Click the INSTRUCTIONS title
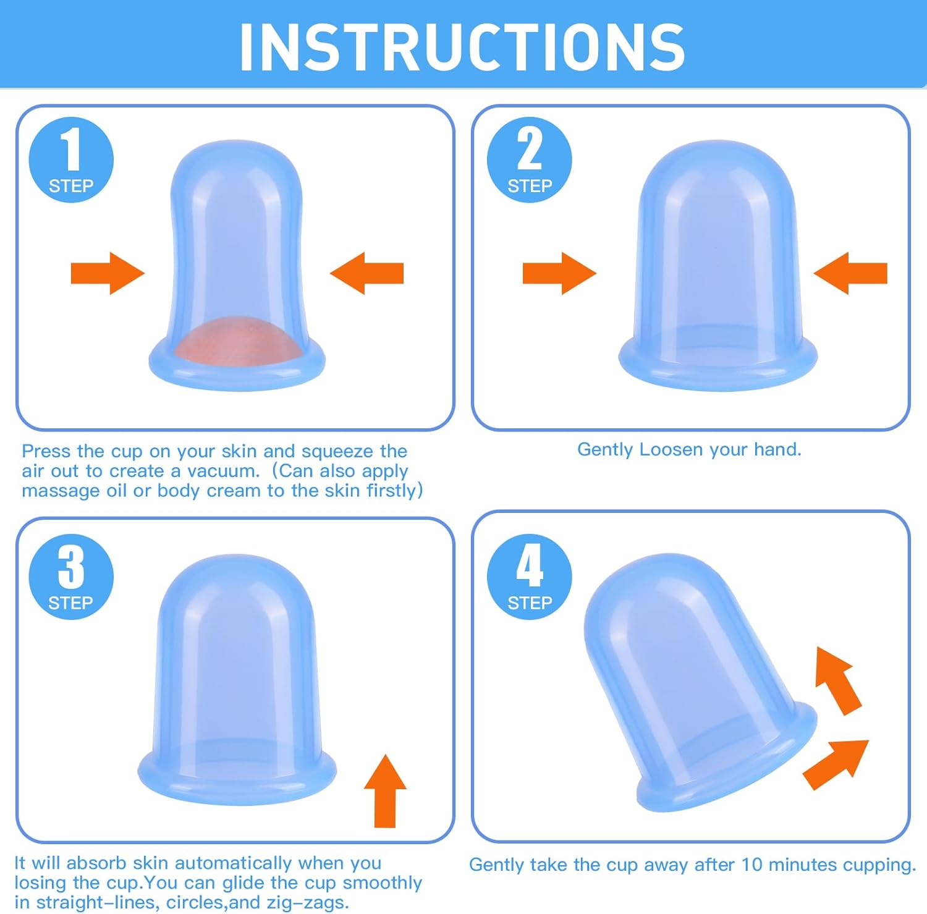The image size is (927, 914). (462, 46)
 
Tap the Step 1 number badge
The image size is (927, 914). (71, 159)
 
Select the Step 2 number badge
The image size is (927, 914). (530, 159)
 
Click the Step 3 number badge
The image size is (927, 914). (71, 577)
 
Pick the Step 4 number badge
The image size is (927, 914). (530, 577)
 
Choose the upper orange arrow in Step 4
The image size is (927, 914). (837, 680)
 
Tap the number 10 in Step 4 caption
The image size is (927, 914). (752, 865)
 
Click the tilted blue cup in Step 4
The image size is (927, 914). (692, 680)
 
